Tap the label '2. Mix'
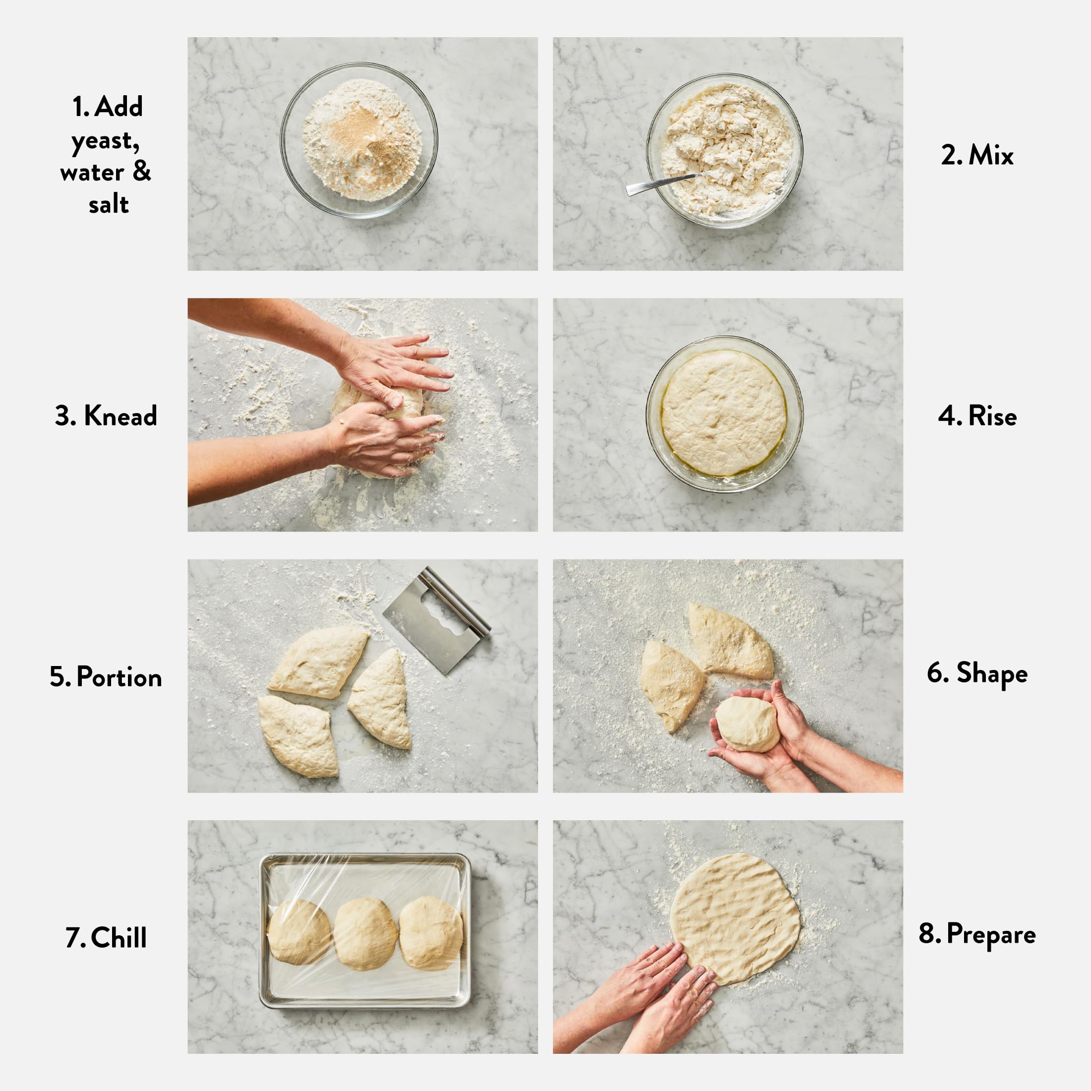pos(977,155)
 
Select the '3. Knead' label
pos(106,416)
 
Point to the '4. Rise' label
pos(977,416)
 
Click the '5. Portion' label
pos(106,677)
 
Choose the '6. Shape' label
pos(977,673)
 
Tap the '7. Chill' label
pos(106,938)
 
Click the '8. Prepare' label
pos(977,934)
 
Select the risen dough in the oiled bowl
pos(724,413)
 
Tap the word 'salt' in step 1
pos(109,205)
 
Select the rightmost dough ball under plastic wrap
pos(430,932)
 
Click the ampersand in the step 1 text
pos(142,172)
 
